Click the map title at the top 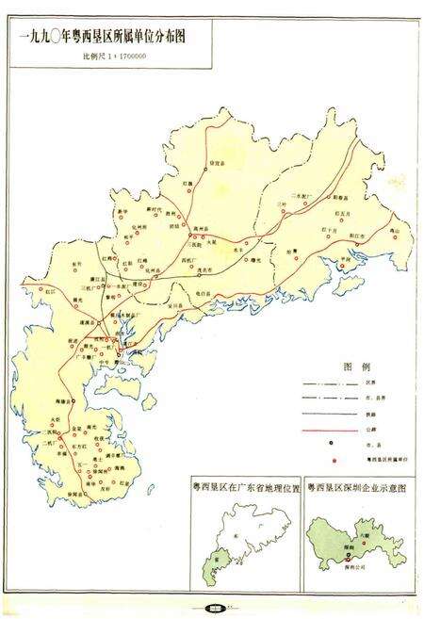pyautogui.click(x=106, y=39)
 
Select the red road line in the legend pyautogui.click(x=322, y=427)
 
